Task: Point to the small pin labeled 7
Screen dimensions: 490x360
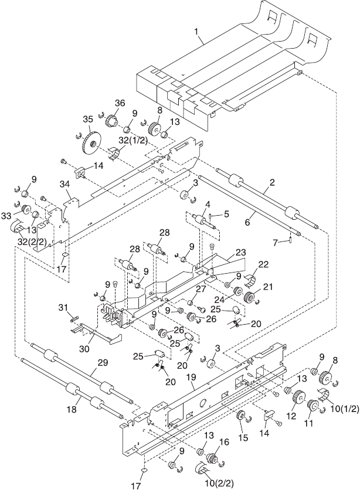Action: coord(290,239)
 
